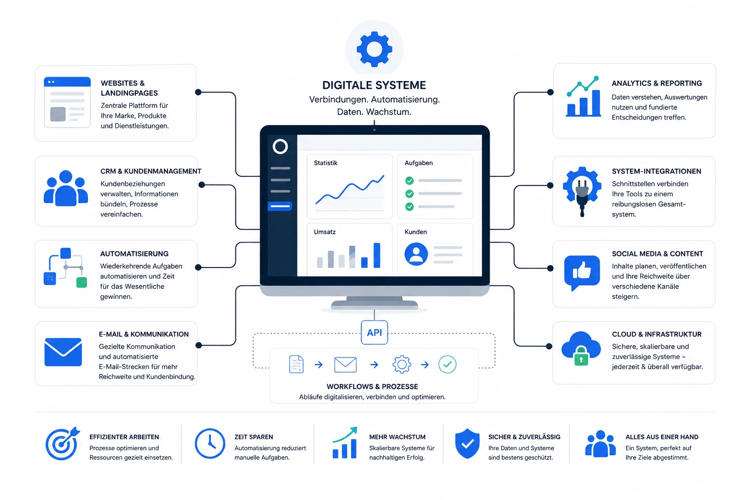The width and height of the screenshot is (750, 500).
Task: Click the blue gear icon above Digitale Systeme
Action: (x=375, y=49)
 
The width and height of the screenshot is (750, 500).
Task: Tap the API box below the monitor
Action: (x=375, y=333)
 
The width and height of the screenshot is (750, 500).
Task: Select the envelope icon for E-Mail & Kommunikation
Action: (x=63, y=352)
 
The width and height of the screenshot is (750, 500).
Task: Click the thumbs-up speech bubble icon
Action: (x=582, y=272)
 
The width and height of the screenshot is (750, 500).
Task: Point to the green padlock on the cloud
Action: (x=581, y=356)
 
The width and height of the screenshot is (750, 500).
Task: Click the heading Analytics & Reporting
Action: (x=657, y=83)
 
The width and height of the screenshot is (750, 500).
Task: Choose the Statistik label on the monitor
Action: (x=326, y=163)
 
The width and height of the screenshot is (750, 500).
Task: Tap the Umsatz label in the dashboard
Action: (x=324, y=232)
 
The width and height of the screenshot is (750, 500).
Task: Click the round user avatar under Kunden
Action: (x=416, y=254)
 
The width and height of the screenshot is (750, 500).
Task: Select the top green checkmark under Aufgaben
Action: (x=409, y=181)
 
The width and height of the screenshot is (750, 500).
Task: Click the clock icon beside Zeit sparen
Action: (x=210, y=443)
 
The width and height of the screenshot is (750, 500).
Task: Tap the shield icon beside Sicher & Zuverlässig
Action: (x=467, y=443)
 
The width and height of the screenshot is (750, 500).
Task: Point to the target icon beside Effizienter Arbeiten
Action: (x=62, y=444)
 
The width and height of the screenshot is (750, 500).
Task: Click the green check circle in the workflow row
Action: (x=447, y=364)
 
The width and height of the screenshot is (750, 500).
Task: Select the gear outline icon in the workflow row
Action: (x=402, y=364)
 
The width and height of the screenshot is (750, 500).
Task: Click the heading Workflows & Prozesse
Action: (x=373, y=387)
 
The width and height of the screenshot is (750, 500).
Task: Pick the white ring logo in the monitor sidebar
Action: (x=280, y=146)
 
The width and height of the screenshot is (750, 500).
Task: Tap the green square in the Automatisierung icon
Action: (x=82, y=282)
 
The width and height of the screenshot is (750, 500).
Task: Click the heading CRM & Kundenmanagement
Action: (x=151, y=171)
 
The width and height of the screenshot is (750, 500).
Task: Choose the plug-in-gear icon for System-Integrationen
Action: (x=582, y=191)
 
